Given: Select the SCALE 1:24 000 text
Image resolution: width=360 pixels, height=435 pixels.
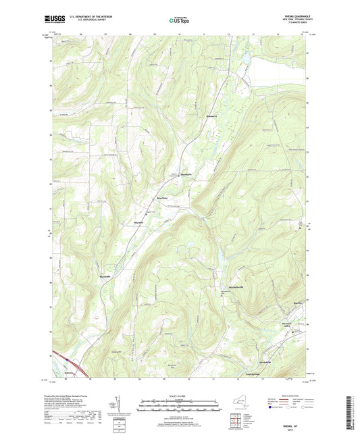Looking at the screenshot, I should [180, 394].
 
